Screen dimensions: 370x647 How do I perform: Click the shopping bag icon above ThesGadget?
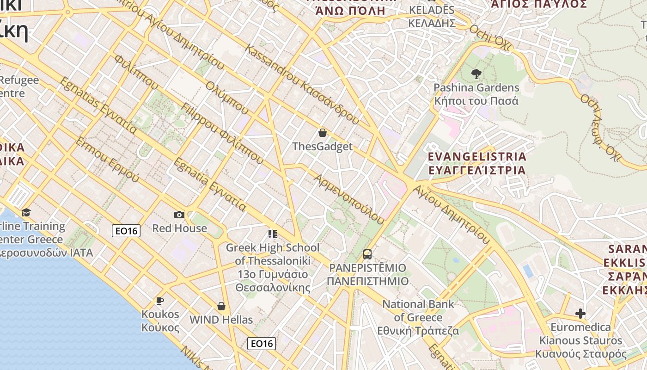pyautogui.click(x=323, y=133)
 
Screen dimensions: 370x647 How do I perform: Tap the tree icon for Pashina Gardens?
pyautogui.click(x=476, y=74)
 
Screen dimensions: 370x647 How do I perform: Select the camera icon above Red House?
pyautogui.click(x=179, y=215)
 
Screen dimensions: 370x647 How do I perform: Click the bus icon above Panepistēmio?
pyautogui.click(x=367, y=254)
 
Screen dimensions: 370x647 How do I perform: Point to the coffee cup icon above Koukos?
pyautogui.click(x=160, y=301)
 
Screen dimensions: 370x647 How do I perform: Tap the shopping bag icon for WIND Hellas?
pyautogui.click(x=221, y=306)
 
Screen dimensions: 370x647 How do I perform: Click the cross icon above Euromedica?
pyautogui.click(x=580, y=314)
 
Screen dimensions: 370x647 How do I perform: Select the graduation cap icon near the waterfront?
pyautogui.click(x=26, y=212)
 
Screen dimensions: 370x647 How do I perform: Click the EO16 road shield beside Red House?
pyautogui.click(x=126, y=231)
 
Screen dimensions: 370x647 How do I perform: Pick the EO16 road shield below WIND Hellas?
pyautogui.click(x=262, y=344)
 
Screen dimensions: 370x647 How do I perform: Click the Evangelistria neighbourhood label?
pyautogui.click(x=477, y=163)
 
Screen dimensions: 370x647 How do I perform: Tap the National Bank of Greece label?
pyautogui.click(x=418, y=317)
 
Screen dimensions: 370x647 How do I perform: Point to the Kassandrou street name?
pyautogui.click(x=303, y=84)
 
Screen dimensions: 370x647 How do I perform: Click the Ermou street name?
pyautogui.click(x=107, y=159)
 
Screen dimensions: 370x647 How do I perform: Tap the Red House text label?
pyautogui.click(x=180, y=228)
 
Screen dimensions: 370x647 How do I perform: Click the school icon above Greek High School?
pyautogui.click(x=272, y=234)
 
